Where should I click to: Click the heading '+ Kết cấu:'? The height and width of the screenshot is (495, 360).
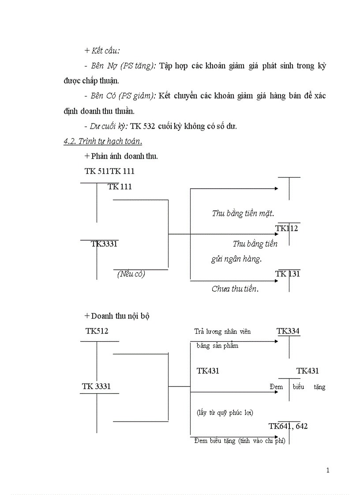tap(102, 51)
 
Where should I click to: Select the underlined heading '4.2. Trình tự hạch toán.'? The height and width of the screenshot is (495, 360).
tap(103, 141)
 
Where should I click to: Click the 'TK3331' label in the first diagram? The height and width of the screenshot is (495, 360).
tap(104, 244)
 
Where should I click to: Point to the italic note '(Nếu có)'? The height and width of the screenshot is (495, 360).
tap(131, 274)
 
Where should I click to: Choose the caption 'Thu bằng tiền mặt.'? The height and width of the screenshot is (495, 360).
tap(243, 213)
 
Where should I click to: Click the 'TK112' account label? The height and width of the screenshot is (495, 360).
tap(286, 228)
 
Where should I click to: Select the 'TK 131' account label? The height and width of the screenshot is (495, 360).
tap(287, 274)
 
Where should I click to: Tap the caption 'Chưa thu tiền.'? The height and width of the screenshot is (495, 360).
tap(235, 289)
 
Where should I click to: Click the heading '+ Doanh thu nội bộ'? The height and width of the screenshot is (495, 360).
tap(116, 316)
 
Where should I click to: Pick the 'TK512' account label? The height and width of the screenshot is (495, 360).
tap(97, 331)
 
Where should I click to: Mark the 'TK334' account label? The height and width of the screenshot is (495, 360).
tap(288, 331)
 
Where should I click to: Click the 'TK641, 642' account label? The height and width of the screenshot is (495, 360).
tap(288, 426)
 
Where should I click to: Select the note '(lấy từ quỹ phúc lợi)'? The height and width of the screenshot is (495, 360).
tap(225, 413)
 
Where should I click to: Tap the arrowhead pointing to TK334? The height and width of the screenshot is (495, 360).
tap(276, 341)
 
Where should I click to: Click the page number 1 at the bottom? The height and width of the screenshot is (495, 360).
tap(328, 470)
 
